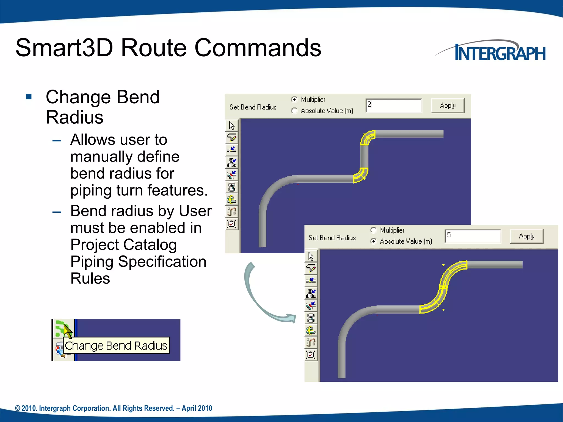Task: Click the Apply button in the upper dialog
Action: (x=448, y=105)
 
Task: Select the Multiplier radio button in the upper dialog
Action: (x=294, y=99)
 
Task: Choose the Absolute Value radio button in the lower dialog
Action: (x=373, y=241)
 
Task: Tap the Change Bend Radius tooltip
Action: (x=116, y=345)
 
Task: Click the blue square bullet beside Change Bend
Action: (x=29, y=97)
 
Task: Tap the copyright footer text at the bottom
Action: (x=114, y=408)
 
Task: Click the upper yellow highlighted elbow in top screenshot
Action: (x=368, y=137)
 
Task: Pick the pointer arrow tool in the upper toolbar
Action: (x=232, y=126)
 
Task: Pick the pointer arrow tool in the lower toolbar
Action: (x=311, y=256)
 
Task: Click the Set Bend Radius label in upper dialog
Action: (x=253, y=107)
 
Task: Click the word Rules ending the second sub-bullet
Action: (x=90, y=278)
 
